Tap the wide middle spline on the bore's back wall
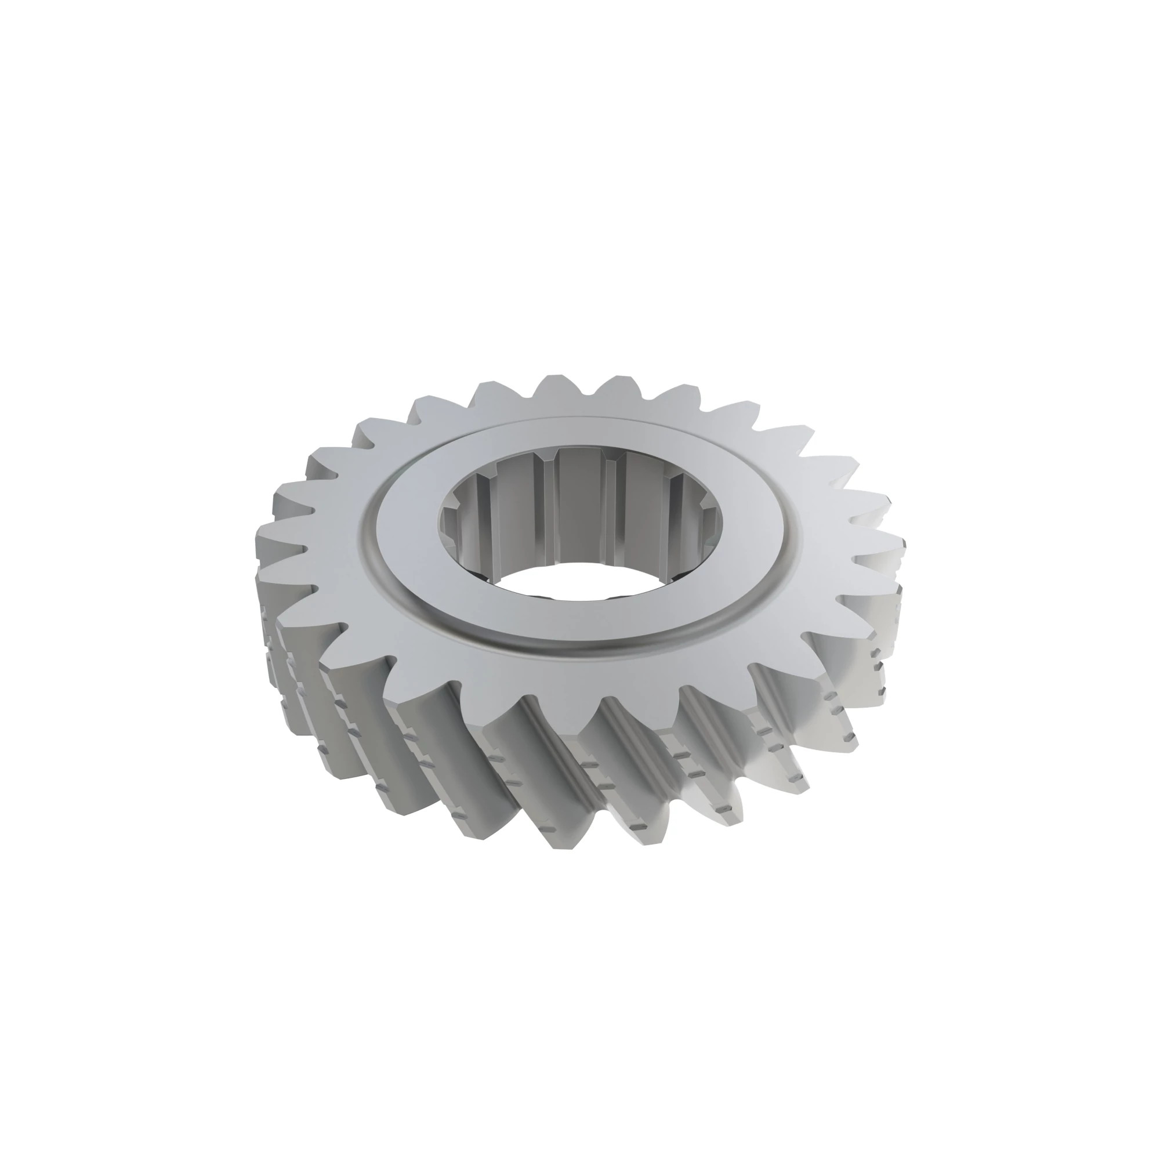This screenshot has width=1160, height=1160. click(x=579, y=507)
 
